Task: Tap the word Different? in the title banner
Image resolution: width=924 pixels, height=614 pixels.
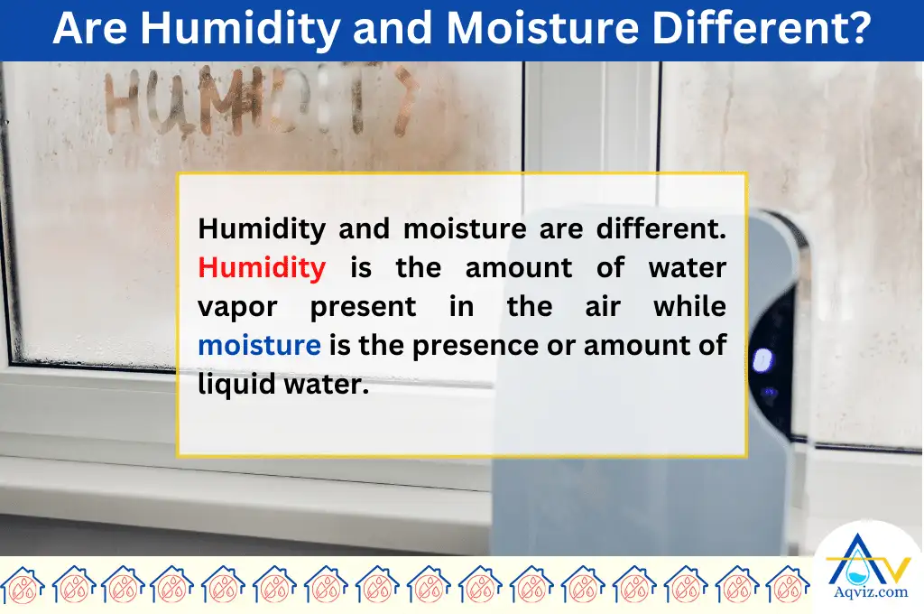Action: tap(775, 29)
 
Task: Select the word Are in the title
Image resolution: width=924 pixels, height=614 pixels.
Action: tap(89, 29)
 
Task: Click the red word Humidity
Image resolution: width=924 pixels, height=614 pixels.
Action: tap(262, 267)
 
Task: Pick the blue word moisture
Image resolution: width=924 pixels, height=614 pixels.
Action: tap(259, 345)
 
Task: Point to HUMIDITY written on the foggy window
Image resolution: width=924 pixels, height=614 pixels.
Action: tap(262, 101)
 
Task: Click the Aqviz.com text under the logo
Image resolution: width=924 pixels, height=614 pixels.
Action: tap(867, 591)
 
